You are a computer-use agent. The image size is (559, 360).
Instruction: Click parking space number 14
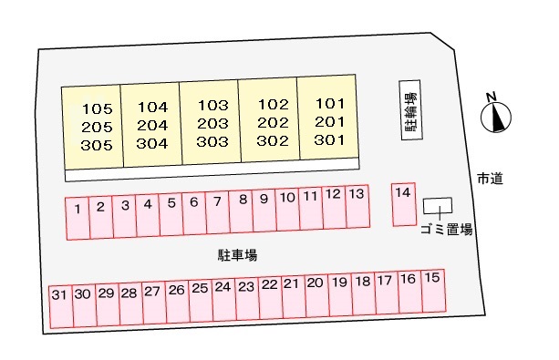404,204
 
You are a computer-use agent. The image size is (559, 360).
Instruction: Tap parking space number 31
60,304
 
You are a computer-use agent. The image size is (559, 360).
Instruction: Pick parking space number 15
431,295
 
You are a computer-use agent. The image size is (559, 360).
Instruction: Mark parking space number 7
217,213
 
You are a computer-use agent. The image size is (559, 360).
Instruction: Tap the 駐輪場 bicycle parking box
411,110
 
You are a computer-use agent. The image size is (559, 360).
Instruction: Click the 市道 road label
489,179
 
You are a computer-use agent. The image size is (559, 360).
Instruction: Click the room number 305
96,144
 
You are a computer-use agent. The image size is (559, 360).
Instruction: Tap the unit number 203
212,123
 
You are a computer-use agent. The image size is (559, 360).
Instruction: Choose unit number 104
152,106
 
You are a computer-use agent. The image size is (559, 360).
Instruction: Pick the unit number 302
272,140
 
